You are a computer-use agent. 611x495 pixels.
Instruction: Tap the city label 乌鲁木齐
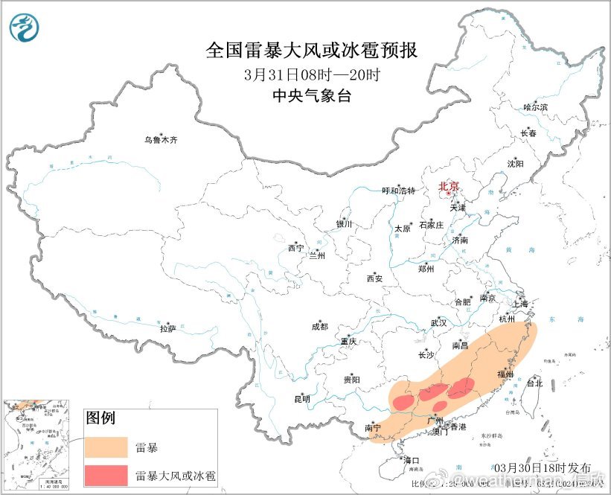(x=161, y=140)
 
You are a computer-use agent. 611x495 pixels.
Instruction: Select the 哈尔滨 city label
(x=535, y=108)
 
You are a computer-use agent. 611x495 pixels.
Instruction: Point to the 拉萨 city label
(x=167, y=328)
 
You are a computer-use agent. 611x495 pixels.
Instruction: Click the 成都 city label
(x=319, y=326)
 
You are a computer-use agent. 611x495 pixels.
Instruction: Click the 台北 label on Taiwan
(x=534, y=384)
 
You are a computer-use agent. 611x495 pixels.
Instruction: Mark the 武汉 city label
(x=438, y=323)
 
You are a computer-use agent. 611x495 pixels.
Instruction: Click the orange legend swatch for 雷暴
(x=106, y=446)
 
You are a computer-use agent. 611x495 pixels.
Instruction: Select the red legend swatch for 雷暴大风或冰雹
(x=106, y=473)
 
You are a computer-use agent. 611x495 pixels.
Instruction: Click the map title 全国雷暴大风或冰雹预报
(x=311, y=50)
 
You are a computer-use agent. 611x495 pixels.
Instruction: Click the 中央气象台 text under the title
(x=311, y=95)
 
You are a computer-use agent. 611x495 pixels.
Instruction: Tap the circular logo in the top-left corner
(x=25, y=28)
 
